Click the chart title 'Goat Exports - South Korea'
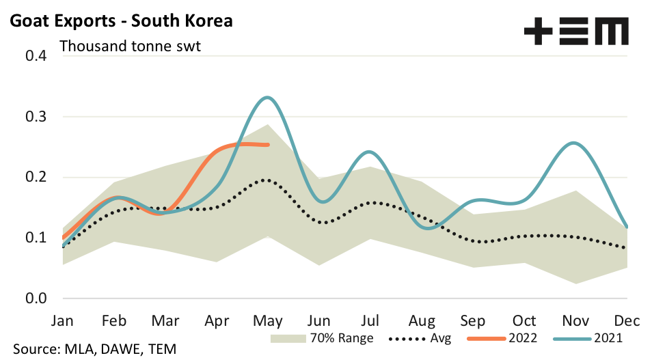click(x=121, y=21)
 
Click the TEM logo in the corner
click(x=575, y=31)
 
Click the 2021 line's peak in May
click(x=267, y=98)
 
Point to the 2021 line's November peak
click(x=573, y=143)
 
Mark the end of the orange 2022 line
click(x=267, y=145)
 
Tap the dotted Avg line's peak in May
click(x=266, y=180)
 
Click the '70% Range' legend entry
click(x=321, y=337)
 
